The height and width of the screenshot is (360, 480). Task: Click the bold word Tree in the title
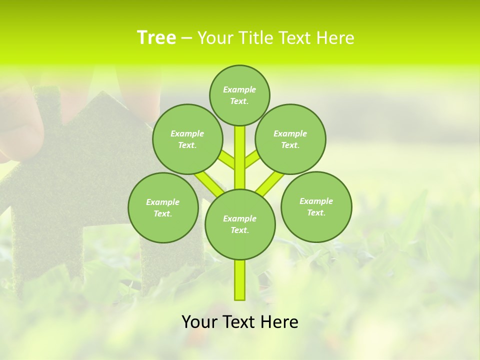pos(156,37)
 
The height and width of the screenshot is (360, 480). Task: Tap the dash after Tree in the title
pos(186,38)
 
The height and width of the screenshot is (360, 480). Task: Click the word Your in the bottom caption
pos(199,322)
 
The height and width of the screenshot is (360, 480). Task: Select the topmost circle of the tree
pos(239,95)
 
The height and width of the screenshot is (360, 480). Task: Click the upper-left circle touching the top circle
pos(187,139)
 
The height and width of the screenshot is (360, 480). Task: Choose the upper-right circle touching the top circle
pos(290,139)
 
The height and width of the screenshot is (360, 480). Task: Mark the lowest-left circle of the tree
pos(162,207)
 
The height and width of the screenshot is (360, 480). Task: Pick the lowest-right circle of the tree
pos(316,206)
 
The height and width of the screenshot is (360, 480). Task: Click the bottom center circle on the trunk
pos(240,224)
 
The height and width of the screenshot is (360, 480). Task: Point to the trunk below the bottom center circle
pos(240,280)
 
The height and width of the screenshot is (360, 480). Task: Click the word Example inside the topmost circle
pos(239,89)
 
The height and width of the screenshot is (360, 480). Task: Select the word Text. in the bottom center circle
pos(240,230)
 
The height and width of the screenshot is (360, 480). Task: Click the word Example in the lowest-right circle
pos(316,201)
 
